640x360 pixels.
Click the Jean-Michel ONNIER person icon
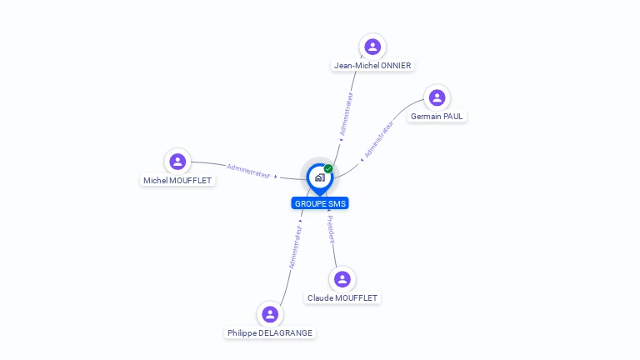[x=372, y=47]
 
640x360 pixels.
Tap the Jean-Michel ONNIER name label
[x=372, y=66]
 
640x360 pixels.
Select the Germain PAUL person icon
[x=437, y=98]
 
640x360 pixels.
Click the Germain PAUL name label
[x=437, y=117]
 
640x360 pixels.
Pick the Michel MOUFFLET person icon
[x=177, y=162]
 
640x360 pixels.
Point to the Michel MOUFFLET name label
[x=177, y=180]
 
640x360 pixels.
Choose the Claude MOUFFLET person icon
[x=342, y=279]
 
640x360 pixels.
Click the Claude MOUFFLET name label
[x=342, y=297]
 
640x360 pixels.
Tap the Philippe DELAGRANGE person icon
[x=269, y=314]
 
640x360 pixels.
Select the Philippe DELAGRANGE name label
[x=270, y=332]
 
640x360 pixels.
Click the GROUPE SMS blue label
[x=320, y=203]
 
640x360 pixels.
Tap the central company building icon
[x=319, y=177]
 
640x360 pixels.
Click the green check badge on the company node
[x=328, y=168]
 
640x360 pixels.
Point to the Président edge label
[x=331, y=229]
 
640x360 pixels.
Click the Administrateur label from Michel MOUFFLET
[x=249, y=170]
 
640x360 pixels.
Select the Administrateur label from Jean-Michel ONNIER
[x=347, y=113]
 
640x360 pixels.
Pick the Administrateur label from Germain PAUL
[x=379, y=139]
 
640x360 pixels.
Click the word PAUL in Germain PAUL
[x=452, y=117]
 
